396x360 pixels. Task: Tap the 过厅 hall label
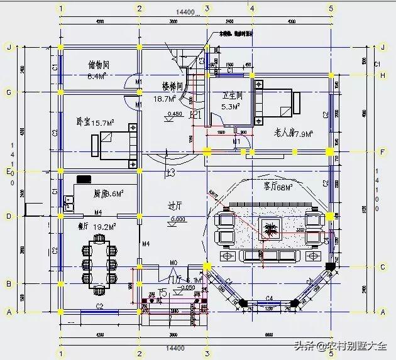point(175,205)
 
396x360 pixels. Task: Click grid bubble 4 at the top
point(251,9)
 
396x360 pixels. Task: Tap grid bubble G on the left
point(9,93)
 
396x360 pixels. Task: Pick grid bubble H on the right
point(383,75)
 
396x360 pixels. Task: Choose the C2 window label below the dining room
point(99,306)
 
